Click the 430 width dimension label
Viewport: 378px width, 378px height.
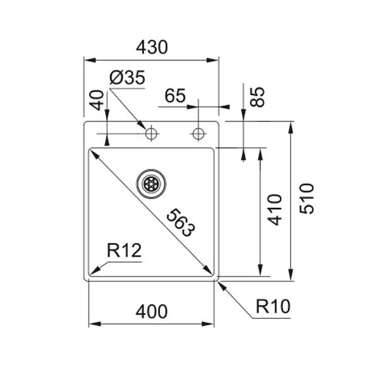pos(151,47)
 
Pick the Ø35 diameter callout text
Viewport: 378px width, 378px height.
pos(127,78)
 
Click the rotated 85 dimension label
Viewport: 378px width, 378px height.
pos(258,96)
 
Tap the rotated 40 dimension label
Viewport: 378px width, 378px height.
pos(96,100)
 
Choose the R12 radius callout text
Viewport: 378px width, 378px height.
pos(123,251)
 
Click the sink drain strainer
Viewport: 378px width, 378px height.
pos(151,183)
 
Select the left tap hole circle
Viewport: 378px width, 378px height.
pos(151,134)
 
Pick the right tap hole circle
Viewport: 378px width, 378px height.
pos(198,134)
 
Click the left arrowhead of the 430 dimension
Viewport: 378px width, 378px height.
pos(88,60)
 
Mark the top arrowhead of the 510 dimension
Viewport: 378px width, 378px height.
pos(290,125)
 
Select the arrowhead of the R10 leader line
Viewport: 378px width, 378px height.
pos(220,283)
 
